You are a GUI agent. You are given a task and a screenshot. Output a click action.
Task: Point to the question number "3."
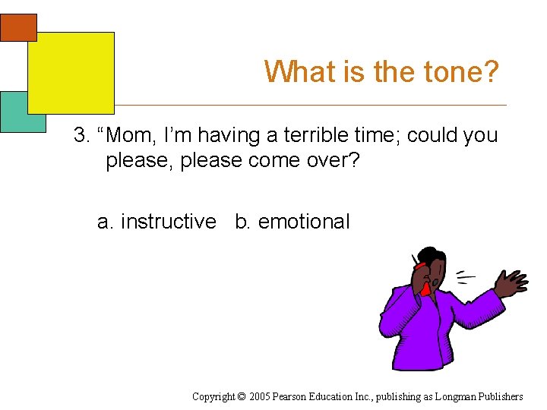coord(82,136)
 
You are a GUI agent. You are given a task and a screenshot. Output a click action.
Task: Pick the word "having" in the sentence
coord(228,136)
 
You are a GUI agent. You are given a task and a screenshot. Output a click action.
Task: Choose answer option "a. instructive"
coord(157,222)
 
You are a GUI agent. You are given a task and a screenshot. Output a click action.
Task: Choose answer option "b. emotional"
coord(292,222)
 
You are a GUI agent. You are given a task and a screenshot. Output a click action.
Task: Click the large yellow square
coord(71,72)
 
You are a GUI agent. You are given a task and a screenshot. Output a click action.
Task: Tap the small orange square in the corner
coord(18,27)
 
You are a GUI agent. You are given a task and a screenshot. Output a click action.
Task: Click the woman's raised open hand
coord(511,282)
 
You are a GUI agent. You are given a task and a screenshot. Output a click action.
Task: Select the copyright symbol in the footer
coord(241,396)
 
